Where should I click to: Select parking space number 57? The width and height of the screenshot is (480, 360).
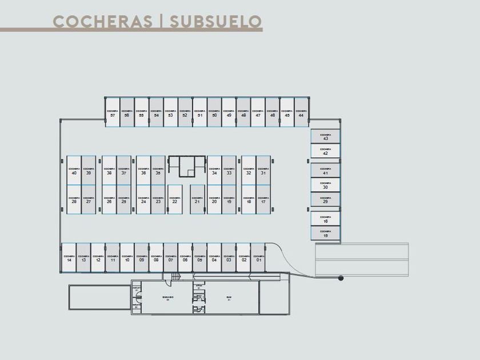point(112,113)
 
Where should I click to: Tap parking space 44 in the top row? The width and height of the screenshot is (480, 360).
point(301,113)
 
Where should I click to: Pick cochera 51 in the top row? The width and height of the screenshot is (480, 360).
point(199,113)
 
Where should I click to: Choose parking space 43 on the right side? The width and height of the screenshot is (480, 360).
point(325,136)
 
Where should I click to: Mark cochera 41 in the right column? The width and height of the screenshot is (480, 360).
point(325,170)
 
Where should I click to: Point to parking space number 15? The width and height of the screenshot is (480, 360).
point(325,233)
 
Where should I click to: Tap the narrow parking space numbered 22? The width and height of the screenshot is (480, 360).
point(174,199)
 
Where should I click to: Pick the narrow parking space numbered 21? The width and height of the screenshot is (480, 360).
point(197,199)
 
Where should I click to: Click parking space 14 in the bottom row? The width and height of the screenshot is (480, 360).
point(69,258)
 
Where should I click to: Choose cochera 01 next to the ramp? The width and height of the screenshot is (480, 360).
point(258,258)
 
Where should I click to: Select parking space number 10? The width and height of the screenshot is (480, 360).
point(127,258)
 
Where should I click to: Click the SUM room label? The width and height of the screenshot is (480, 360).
point(229,298)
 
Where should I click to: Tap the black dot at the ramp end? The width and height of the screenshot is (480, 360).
point(341,278)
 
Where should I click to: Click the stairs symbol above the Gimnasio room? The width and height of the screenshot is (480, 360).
point(175,277)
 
